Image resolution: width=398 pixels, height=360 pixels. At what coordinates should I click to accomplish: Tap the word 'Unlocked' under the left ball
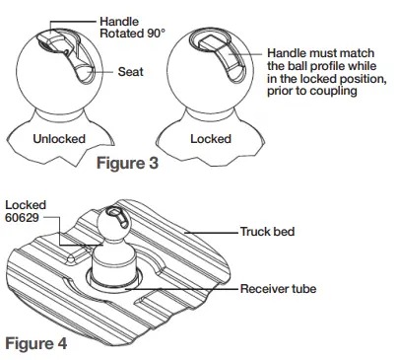(58, 139)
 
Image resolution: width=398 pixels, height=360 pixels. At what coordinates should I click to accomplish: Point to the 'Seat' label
(131, 72)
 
